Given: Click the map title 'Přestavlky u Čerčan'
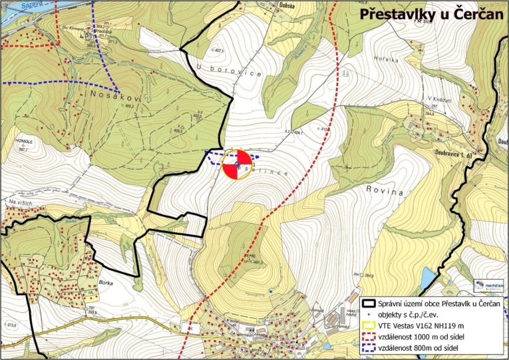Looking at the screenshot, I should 431,14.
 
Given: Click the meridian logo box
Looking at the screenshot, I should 490,285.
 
